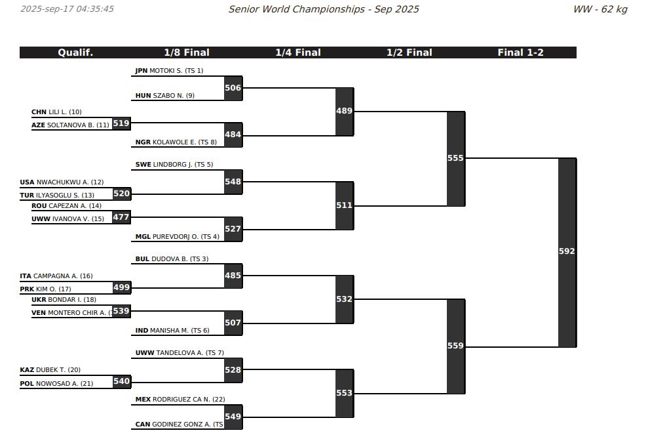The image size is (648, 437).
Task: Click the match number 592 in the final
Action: pos(567,251)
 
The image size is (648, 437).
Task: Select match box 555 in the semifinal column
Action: pos(456,159)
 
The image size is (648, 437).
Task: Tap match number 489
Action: pos(344,111)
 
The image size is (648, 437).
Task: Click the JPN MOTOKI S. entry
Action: pos(169,71)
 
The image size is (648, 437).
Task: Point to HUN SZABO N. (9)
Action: pos(165,96)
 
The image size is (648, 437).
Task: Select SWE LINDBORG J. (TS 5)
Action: pos(174,165)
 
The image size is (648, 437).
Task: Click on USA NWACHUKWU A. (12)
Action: pos(62,182)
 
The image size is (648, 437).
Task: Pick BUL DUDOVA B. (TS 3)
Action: pos(172,259)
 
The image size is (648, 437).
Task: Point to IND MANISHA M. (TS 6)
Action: pos(172,331)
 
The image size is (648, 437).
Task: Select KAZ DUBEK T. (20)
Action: pos(50,370)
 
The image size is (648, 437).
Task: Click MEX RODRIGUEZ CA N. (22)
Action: pos(180,400)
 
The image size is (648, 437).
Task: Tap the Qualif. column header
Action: pos(75,52)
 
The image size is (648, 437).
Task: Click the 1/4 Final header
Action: pos(298,52)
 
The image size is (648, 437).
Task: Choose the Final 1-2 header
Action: pos(520,52)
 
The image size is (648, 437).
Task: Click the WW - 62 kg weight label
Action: pos(600,9)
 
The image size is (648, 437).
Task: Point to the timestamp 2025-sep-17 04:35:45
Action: pos(67,9)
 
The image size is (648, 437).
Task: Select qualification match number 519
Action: pos(121,123)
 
